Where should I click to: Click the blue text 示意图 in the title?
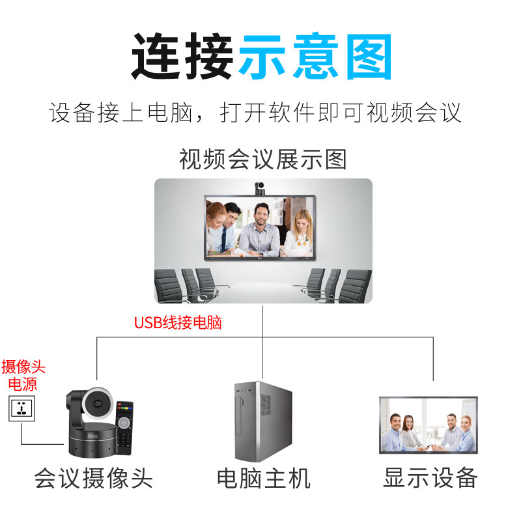[315, 57]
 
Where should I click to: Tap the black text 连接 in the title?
[183, 57]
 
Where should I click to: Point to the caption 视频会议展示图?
[262, 159]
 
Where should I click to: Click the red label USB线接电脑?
[178, 322]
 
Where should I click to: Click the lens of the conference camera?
[98, 405]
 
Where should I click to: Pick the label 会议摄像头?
[93, 479]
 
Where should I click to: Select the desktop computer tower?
[262, 421]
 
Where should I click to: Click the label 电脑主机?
[263, 479]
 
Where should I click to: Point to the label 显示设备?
[430, 477]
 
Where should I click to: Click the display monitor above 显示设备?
[428, 425]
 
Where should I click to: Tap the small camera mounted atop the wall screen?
[259, 189]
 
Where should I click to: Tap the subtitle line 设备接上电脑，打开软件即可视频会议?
[255, 113]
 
